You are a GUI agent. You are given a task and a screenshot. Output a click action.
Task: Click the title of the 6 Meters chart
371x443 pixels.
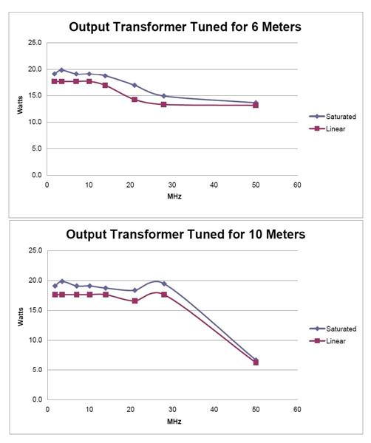click(x=184, y=27)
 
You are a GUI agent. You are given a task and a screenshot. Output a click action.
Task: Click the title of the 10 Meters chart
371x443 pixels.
click(x=185, y=235)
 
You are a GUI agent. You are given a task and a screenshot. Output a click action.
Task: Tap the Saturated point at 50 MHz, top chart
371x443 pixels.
click(x=256, y=103)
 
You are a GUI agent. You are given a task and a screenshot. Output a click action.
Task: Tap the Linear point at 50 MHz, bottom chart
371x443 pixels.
click(x=256, y=363)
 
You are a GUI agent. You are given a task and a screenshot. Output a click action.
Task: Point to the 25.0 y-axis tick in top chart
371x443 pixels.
click(x=33, y=43)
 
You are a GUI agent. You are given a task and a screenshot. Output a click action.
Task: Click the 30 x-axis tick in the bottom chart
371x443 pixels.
click(x=172, y=408)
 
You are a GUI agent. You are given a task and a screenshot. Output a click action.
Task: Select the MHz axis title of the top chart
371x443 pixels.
click(x=172, y=198)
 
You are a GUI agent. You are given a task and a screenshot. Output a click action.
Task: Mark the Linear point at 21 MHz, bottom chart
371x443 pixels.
click(x=135, y=301)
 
